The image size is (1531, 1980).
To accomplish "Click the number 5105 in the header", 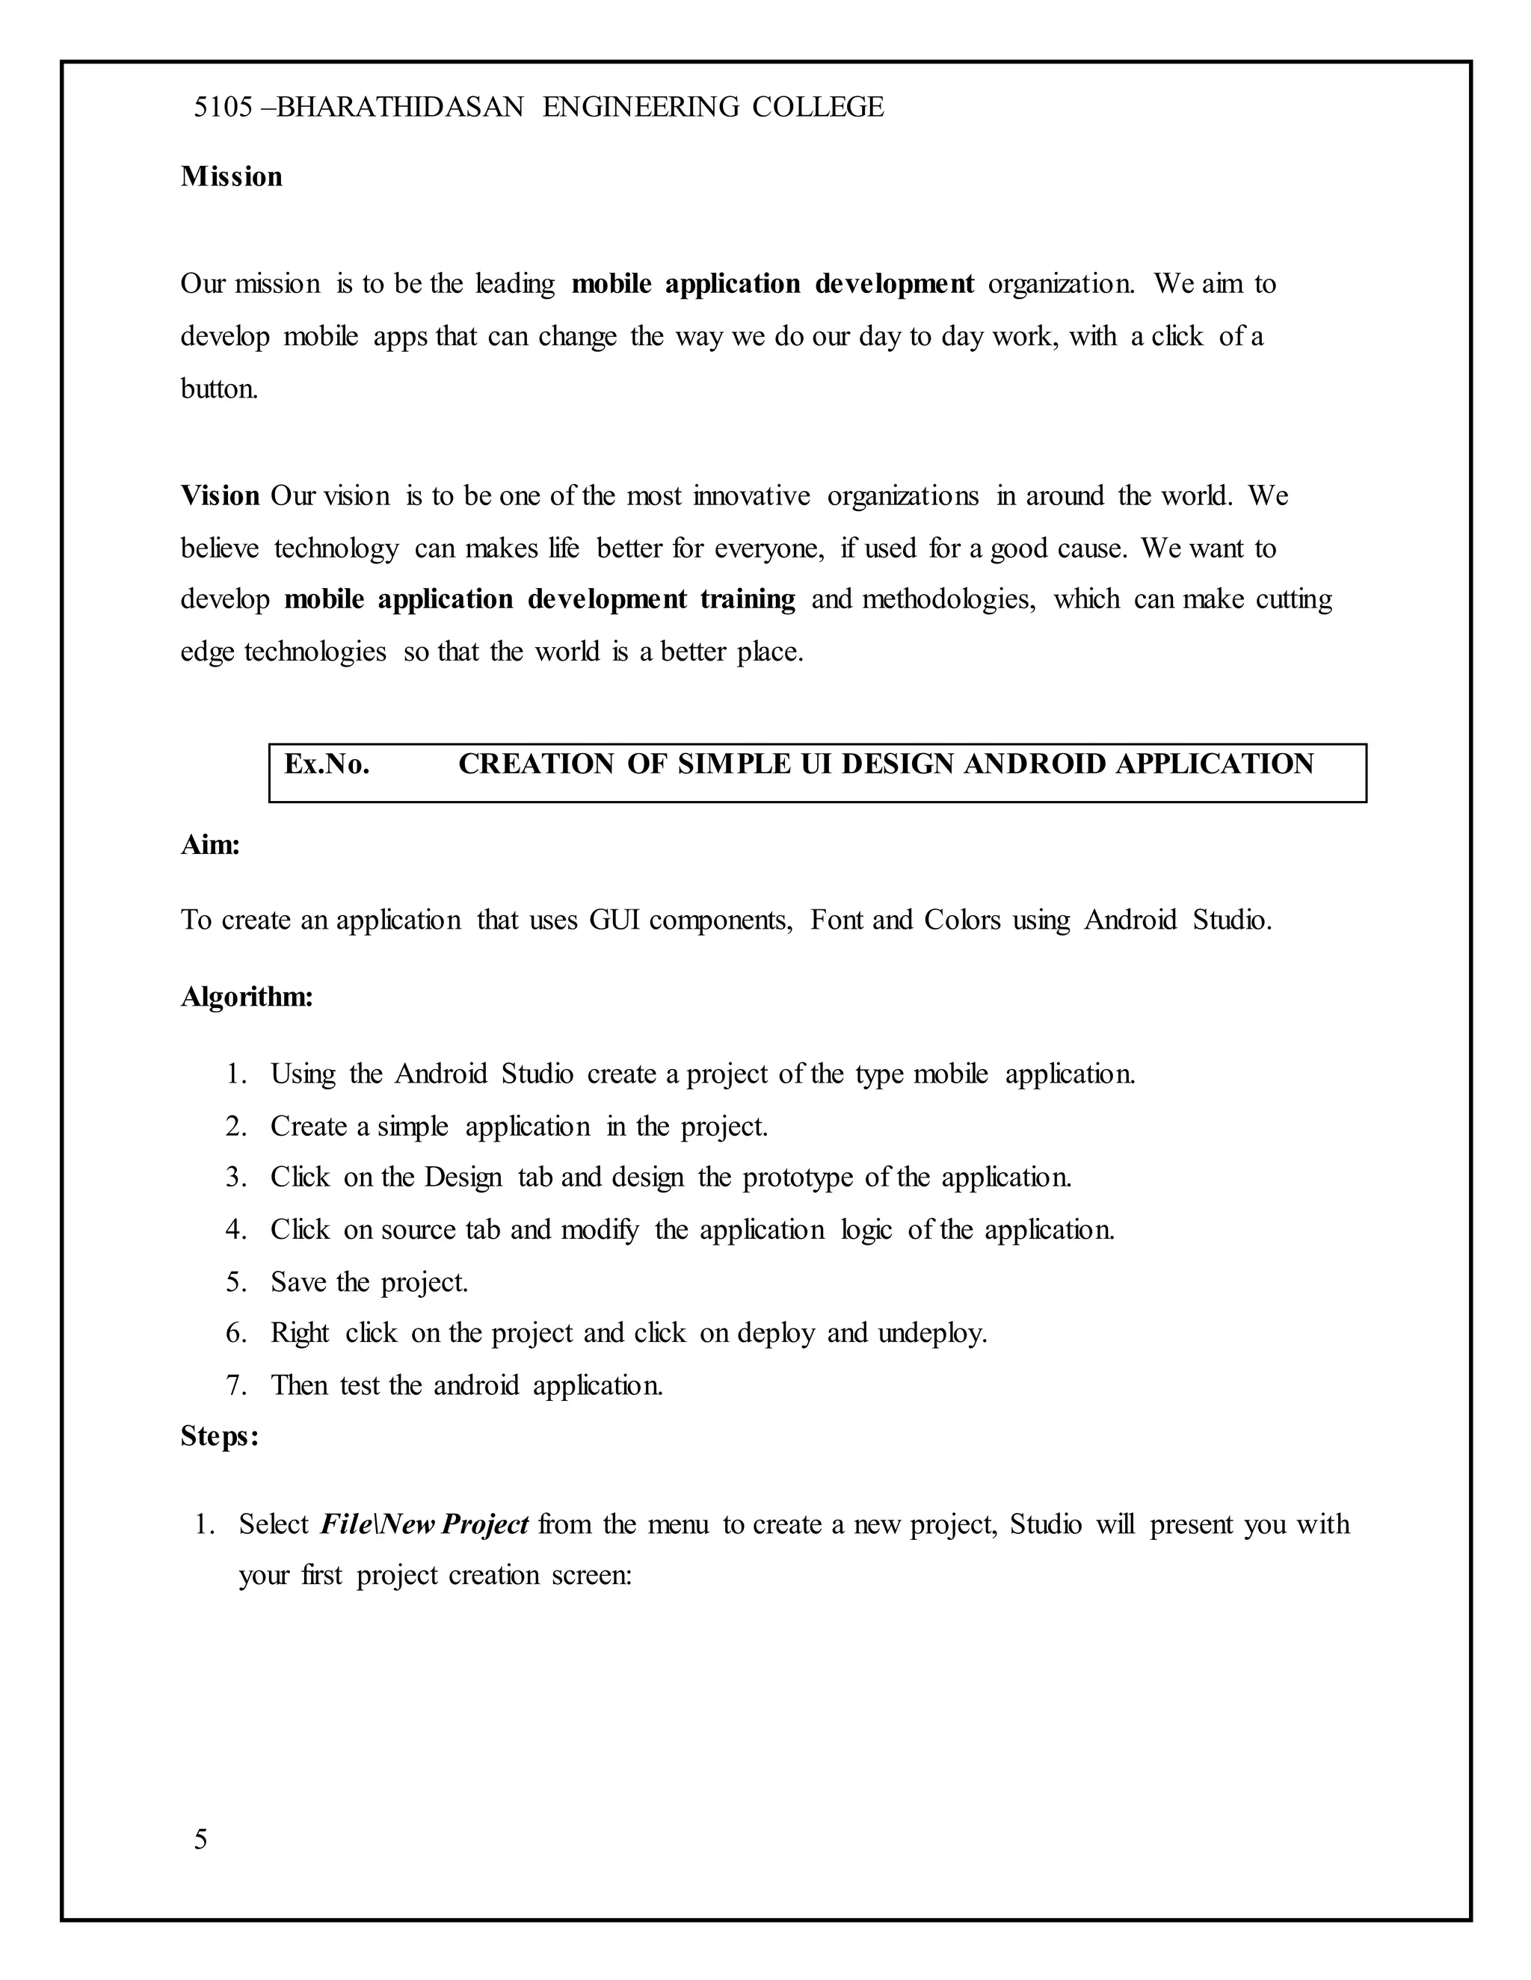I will [x=222, y=107].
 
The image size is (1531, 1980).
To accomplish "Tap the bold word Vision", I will [x=220, y=496].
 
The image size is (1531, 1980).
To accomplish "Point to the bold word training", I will [x=748, y=599].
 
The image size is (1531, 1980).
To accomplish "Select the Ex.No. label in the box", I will [x=327, y=764].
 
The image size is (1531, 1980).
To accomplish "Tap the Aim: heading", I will [x=210, y=845].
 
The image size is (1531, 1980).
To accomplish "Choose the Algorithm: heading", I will [x=247, y=997].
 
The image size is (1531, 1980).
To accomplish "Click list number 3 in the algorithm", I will [x=235, y=1178].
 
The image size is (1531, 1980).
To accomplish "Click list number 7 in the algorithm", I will [x=235, y=1385].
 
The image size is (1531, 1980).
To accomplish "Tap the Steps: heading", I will [x=220, y=1436].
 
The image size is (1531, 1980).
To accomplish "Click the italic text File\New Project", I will [x=424, y=1524].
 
